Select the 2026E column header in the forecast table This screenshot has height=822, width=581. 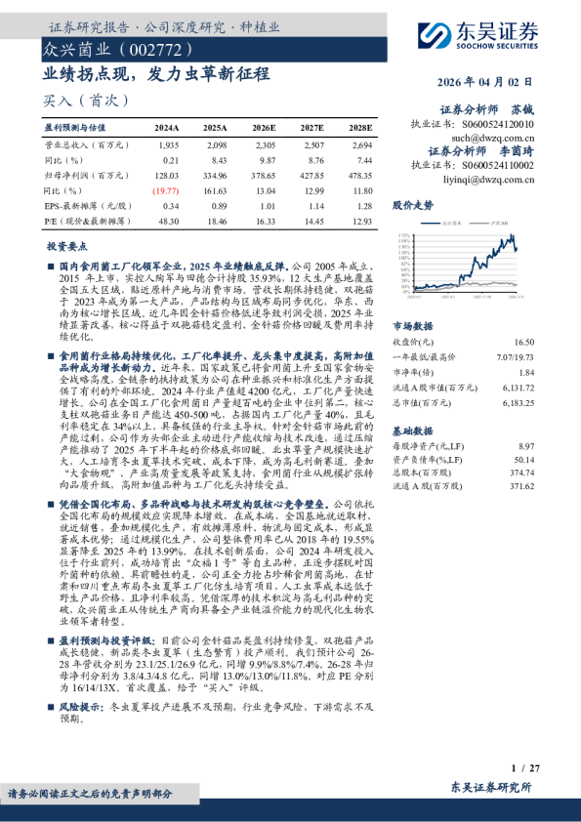[x=265, y=128]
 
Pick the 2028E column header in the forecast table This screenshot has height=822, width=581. [x=361, y=128]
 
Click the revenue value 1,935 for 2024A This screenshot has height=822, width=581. [x=168, y=144]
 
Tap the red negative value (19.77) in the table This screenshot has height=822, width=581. [x=166, y=191]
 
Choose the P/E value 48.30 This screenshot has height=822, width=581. [x=167, y=223]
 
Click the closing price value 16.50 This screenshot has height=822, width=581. [x=523, y=343]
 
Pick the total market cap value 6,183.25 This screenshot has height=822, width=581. [x=518, y=402]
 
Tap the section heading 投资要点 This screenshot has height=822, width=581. [x=67, y=249]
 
